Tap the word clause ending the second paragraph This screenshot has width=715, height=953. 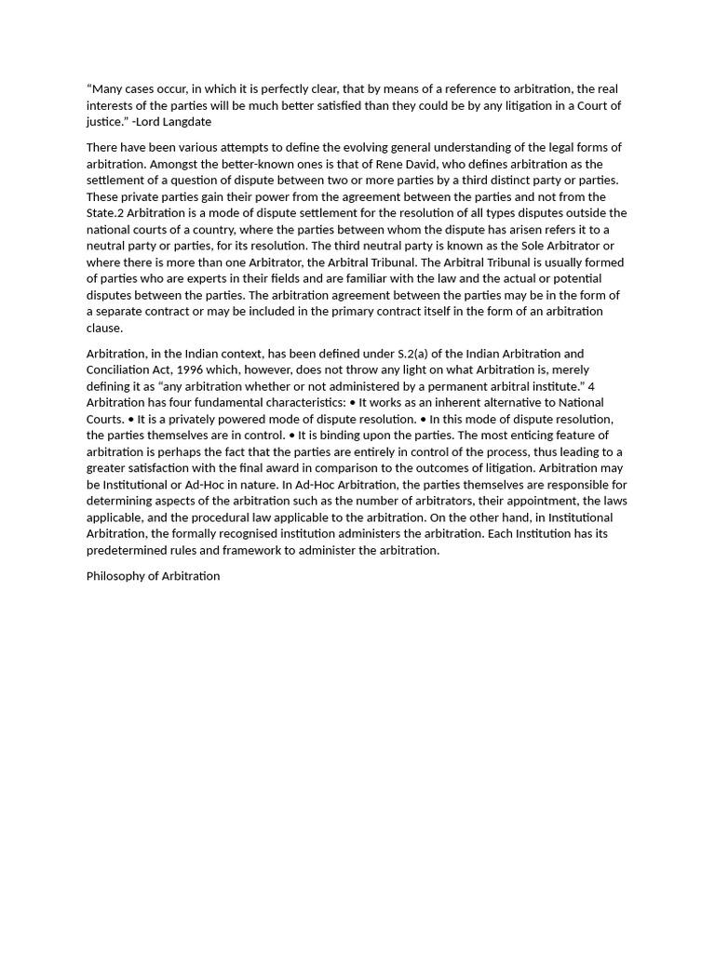104,328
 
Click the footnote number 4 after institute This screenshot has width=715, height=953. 591,386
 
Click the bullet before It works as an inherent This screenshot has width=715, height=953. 352,403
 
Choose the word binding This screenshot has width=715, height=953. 335,436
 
